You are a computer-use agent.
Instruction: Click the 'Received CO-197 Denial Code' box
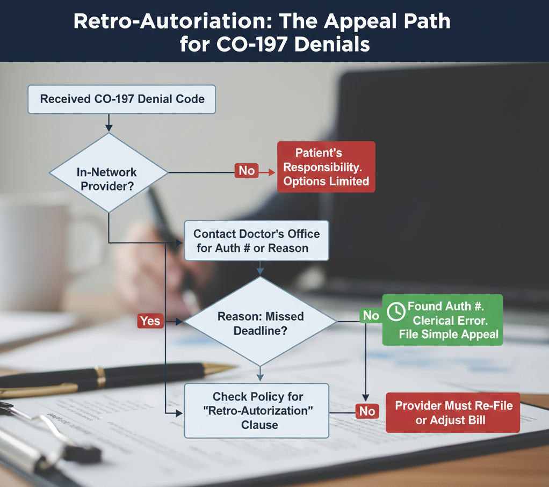tap(121, 99)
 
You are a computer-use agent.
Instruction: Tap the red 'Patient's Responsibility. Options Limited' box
tap(326, 166)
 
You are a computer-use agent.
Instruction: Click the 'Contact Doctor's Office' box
tap(256, 241)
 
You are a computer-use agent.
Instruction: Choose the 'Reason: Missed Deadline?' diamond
tap(261, 323)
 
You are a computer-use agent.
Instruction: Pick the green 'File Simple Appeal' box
tap(442, 321)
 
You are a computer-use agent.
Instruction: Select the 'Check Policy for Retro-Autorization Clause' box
tap(256, 411)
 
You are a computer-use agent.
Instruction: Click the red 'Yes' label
tap(150, 321)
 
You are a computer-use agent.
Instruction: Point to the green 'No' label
tap(371, 316)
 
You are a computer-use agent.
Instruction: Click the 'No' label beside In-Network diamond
tap(247, 171)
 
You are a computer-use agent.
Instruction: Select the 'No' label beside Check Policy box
tap(367, 411)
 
